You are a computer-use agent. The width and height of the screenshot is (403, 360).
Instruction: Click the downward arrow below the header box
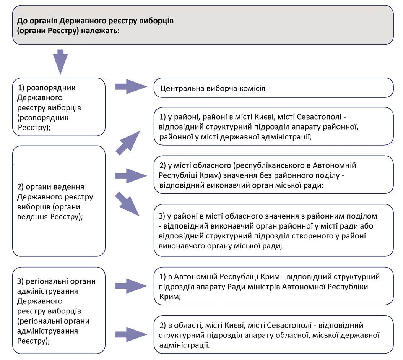(x=60, y=62)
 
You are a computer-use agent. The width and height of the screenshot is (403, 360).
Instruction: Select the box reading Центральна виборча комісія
(x=273, y=88)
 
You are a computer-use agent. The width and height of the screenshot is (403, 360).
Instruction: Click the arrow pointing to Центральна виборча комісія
(x=131, y=87)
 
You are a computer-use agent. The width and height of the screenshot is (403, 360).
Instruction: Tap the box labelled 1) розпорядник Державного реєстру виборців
(x=59, y=107)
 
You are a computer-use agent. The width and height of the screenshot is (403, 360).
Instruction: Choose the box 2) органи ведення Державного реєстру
(x=59, y=201)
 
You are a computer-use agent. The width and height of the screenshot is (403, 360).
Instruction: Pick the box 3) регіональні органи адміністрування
(x=59, y=310)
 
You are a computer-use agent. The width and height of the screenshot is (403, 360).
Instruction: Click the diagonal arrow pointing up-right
(x=128, y=143)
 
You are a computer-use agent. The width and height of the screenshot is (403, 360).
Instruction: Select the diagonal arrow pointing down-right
(x=127, y=204)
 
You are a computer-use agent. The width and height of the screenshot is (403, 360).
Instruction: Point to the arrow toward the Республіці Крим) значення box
(x=131, y=176)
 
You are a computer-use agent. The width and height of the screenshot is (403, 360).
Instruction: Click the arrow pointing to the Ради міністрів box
(x=131, y=286)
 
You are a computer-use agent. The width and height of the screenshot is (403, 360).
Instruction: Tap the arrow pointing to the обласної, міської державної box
(x=131, y=334)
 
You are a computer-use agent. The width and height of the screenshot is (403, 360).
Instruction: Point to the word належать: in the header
(x=101, y=31)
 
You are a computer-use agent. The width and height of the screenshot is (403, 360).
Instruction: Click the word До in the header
(x=22, y=21)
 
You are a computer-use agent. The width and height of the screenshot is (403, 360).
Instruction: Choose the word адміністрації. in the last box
(x=185, y=345)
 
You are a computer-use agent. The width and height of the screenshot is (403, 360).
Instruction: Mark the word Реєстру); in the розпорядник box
(x=34, y=127)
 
